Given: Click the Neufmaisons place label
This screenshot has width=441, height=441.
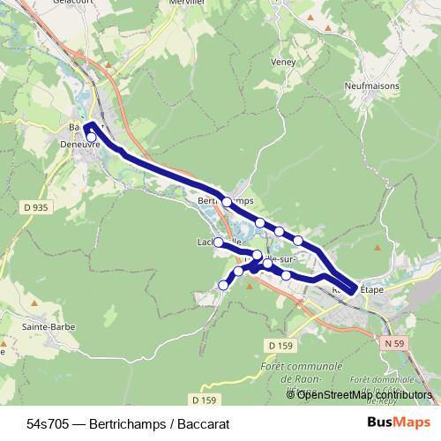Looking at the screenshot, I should (x=374, y=86).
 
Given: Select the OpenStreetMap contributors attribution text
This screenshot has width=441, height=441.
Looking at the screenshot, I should (x=363, y=394).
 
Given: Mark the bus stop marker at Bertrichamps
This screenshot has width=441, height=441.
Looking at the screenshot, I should (x=227, y=202).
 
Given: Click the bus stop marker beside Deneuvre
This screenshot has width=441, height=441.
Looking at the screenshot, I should (x=91, y=137).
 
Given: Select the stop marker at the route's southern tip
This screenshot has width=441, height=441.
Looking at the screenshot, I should (x=222, y=285).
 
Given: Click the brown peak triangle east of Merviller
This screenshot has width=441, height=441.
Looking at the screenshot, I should (x=328, y=27).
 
